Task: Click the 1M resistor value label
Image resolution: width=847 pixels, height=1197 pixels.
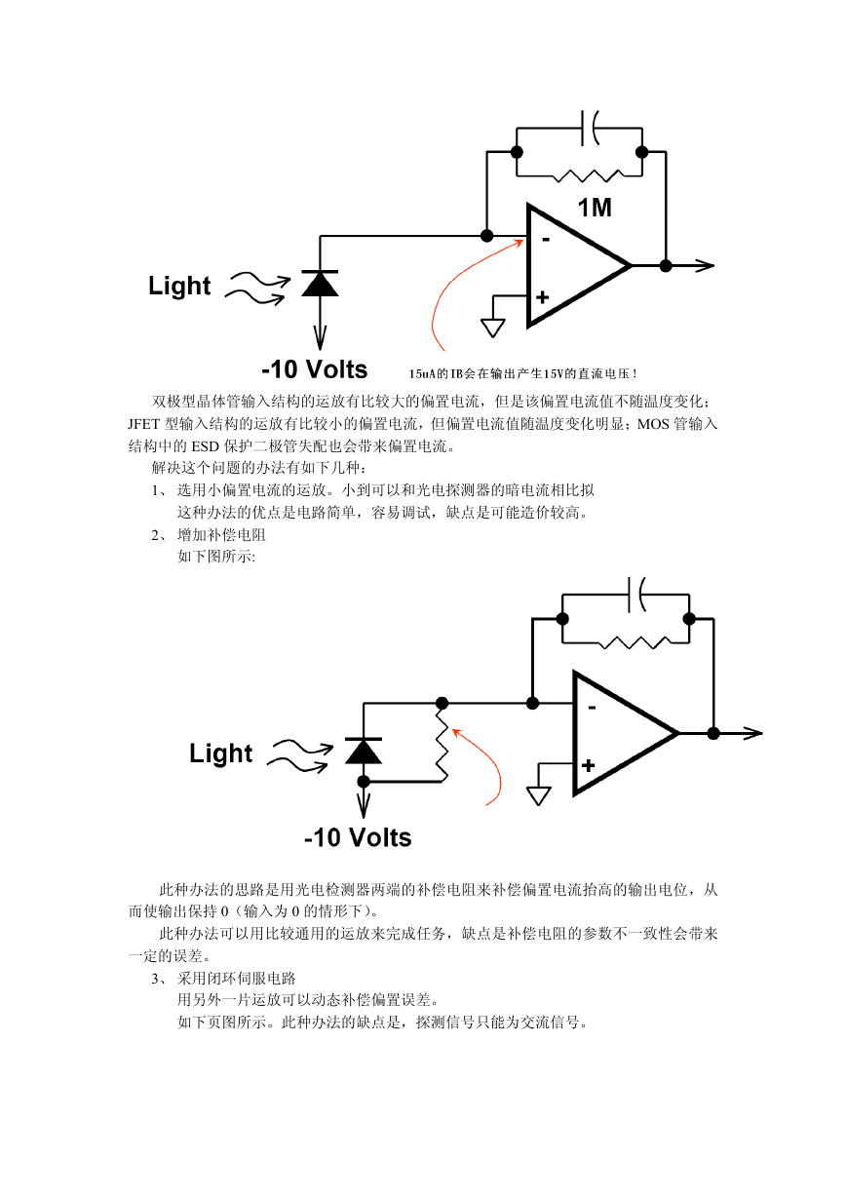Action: (595, 208)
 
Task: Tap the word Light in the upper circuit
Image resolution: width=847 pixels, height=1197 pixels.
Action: (179, 286)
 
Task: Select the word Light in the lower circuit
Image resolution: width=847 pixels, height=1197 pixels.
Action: (220, 753)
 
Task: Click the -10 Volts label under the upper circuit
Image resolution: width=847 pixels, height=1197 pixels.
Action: (314, 369)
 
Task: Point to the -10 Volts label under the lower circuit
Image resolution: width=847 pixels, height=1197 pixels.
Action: (358, 837)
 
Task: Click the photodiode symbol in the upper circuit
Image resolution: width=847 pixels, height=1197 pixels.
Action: (320, 284)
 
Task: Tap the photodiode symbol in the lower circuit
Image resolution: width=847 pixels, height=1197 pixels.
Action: (364, 751)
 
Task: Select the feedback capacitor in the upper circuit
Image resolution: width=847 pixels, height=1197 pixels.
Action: (590, 129)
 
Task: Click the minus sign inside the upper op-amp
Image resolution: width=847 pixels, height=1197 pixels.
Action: (546, 240)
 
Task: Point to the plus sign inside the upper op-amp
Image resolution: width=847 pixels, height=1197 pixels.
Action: (542, 297)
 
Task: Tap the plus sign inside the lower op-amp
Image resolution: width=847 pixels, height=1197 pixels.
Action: (589, 765)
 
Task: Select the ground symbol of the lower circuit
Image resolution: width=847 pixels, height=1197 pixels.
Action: (539, 796)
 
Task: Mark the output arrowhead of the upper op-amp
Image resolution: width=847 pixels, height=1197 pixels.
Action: (705, 265)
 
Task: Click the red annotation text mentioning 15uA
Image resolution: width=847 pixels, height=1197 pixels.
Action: (523, 374)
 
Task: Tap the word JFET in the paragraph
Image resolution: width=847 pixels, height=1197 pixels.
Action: (144, 424)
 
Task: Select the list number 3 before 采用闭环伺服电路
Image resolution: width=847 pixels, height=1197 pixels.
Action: (155, 979)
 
